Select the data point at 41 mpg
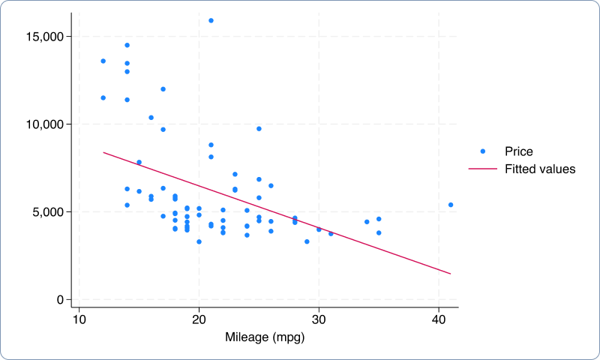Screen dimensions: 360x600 [x=451, y=205]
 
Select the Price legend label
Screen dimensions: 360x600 [x=519, y=151]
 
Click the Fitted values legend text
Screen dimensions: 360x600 [x=540, y=169]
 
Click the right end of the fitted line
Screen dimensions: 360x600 [x=451, y=274]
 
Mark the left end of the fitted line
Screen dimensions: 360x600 [x=103, y=152]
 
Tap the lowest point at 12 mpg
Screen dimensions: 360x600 [x=103, y=97]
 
